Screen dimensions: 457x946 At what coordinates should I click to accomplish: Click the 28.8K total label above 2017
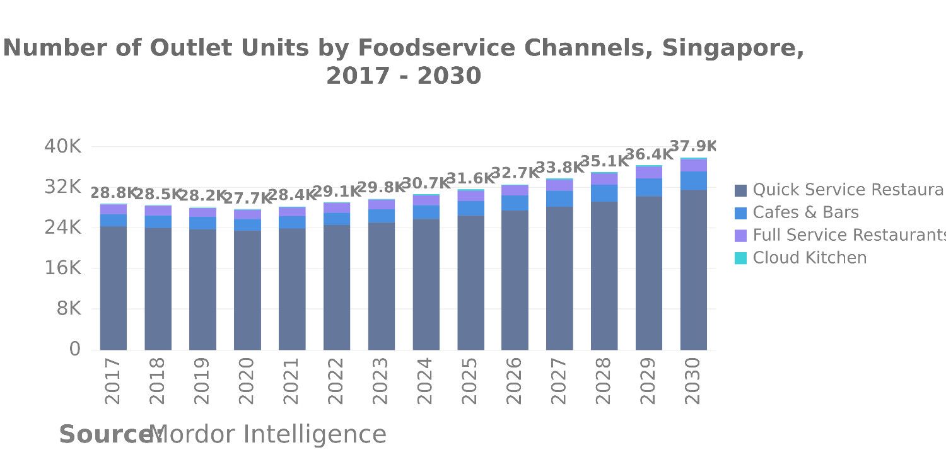114,193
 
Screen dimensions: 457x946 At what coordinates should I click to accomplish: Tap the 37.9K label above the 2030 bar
693,147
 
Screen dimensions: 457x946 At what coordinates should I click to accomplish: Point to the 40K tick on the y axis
62,146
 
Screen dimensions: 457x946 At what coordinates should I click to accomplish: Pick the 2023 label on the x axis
381,381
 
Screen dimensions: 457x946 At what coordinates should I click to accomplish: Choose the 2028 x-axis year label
604,381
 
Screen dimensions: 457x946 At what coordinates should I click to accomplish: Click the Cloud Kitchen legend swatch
741,258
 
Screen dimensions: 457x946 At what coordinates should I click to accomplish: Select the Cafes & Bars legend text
805,212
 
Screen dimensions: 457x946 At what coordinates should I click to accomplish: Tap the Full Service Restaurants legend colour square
741,235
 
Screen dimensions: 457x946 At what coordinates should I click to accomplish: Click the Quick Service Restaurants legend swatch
741,190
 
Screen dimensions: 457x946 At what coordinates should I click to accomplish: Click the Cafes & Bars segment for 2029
649,187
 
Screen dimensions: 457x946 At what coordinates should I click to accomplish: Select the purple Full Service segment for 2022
337,207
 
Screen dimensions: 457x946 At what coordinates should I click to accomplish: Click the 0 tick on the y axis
75,349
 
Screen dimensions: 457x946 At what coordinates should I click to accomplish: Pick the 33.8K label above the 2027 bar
559,168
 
